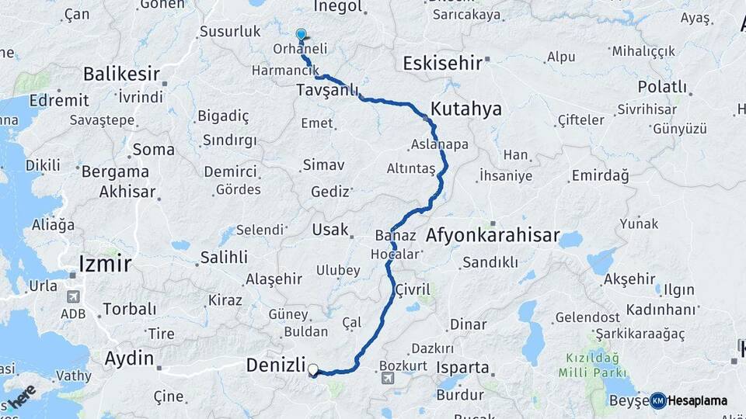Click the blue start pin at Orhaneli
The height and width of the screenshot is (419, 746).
pos(302,34)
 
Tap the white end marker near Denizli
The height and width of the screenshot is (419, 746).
pos(313,370)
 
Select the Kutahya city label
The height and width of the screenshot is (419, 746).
pos(466,109)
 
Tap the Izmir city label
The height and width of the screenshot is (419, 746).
pos(105,265)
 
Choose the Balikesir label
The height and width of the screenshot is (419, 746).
pos(121,74)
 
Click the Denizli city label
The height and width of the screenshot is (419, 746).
pos(275,364)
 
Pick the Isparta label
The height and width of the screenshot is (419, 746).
pos(463,368)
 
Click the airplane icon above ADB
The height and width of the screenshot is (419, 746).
pos(74,296)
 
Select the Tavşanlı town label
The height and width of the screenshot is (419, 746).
pos(326,92)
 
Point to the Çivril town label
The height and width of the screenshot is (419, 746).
pos(413,290)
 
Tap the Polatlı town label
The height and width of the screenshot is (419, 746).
pos(663,87)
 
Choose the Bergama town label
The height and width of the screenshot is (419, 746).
pos(115,171)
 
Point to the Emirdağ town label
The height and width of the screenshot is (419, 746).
pos(600,176)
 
